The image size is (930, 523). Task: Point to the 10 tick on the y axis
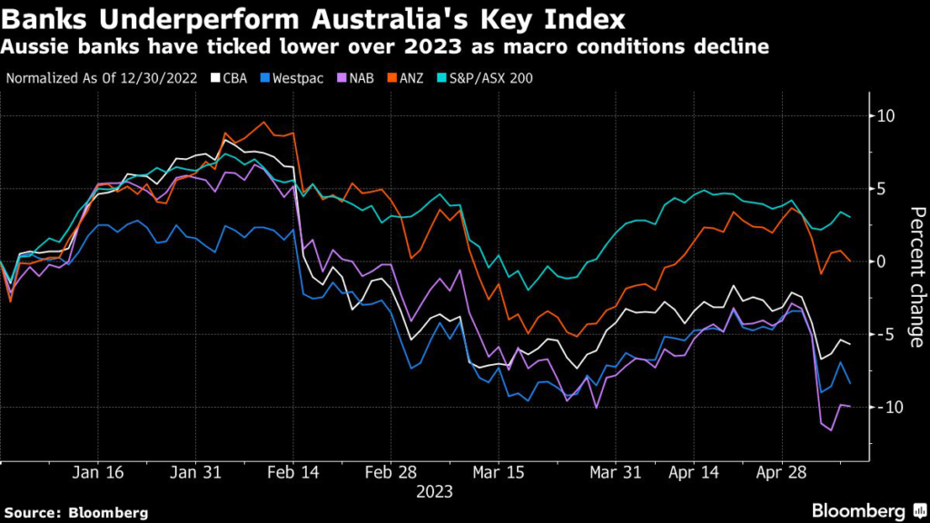885,116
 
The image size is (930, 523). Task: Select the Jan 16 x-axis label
97,473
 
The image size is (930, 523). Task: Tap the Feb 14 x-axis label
295,473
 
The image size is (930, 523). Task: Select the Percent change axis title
915,277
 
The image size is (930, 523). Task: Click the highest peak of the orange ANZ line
263,122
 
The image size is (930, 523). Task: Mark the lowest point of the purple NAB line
831,430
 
